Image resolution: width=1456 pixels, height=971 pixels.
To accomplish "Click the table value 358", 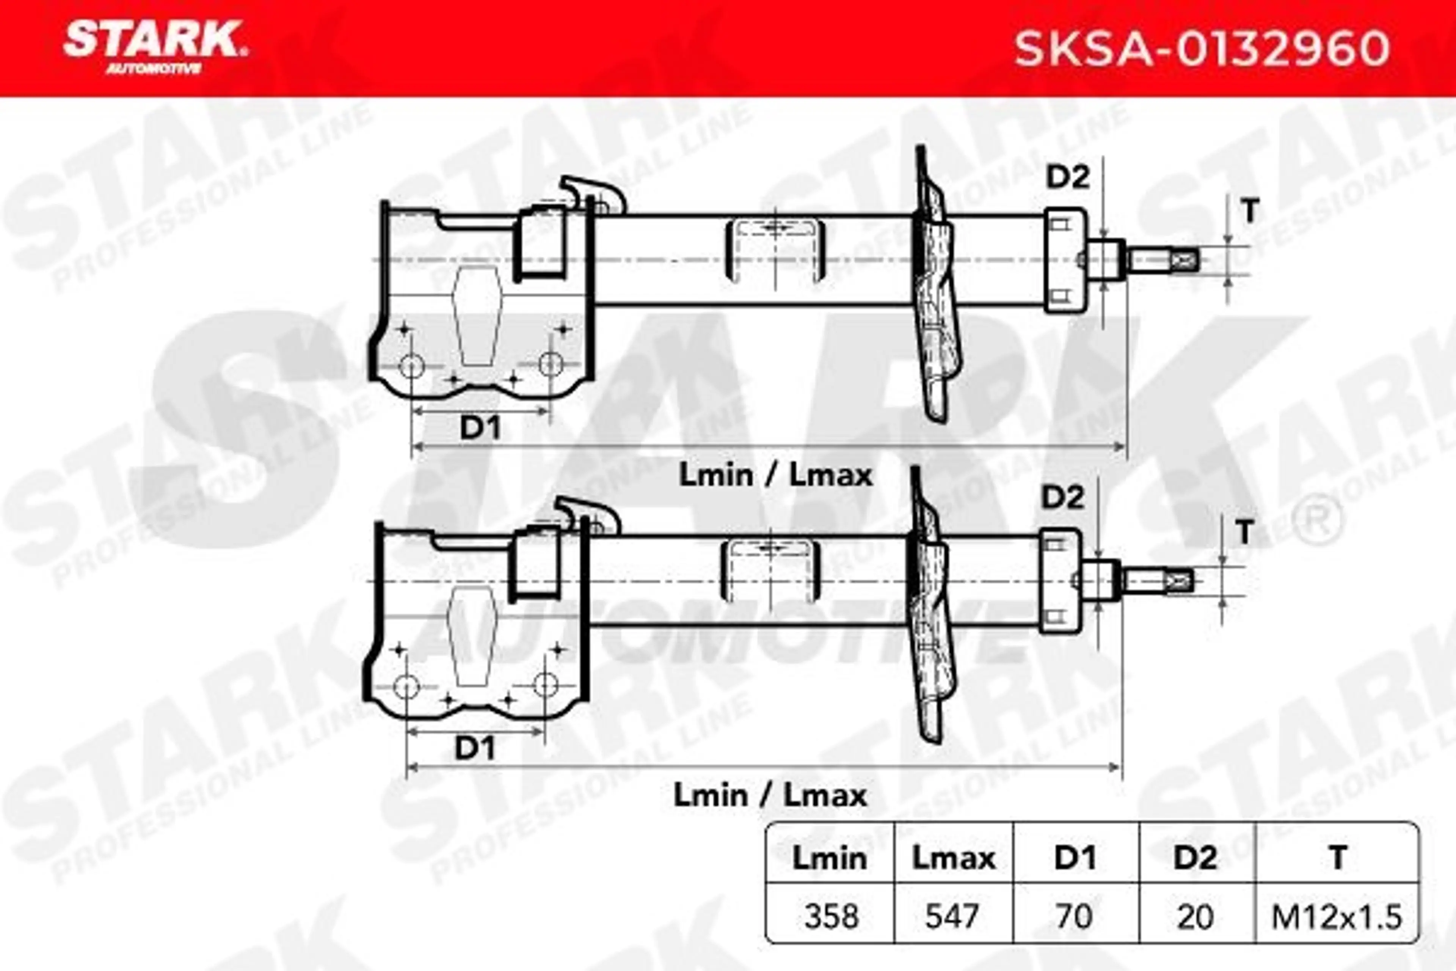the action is pos(831,916).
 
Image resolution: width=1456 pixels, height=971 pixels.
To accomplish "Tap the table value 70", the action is pos(1075,916).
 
